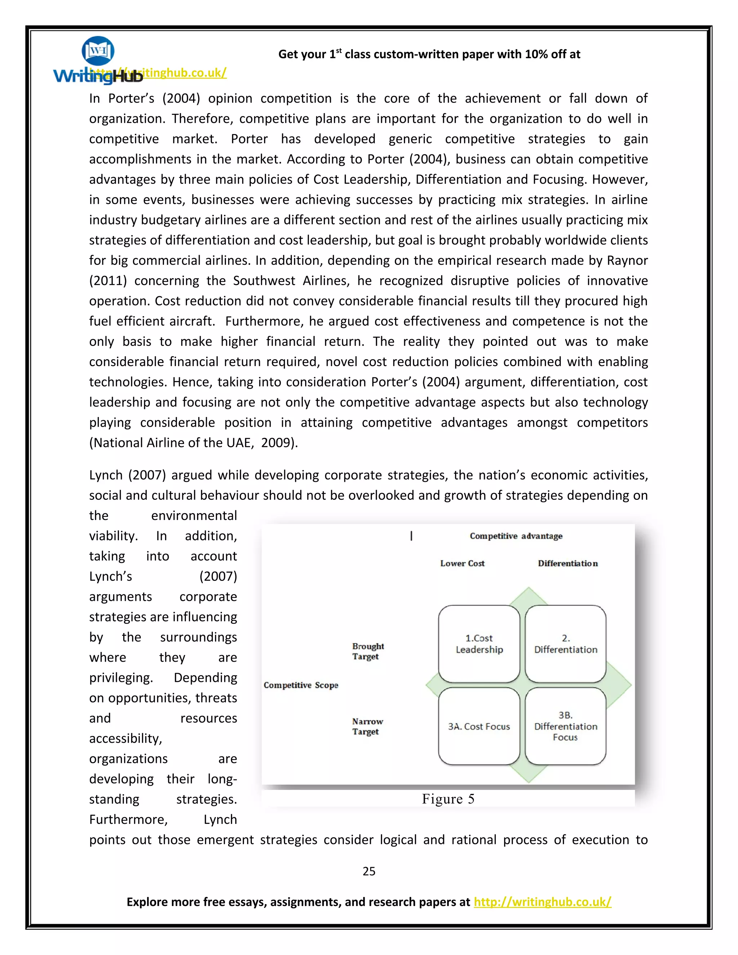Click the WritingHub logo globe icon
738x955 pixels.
click(x=98, y=51)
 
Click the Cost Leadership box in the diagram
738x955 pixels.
click(x=479, y=644)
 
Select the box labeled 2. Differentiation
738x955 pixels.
click(x=565, y=644)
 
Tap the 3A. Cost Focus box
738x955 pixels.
click(x=479, y=726)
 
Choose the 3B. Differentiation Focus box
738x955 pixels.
click(x=565, y=726)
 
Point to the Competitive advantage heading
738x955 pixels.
click(x=516, y=536)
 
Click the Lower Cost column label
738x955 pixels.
click(x=462, y=564)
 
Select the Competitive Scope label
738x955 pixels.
click(x=301, y=685)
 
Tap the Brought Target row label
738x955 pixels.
click(x=368, y=651)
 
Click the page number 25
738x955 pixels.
click(x=369, y=871)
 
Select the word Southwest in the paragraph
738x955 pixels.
click(x=264, y=281)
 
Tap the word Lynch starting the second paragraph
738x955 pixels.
click(x=106, y=475)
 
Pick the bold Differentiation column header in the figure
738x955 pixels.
click(x=568, y=564)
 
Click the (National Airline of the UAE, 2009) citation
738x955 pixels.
click(x=193, y=443)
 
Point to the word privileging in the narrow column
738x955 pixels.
click(x=121, y=678)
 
